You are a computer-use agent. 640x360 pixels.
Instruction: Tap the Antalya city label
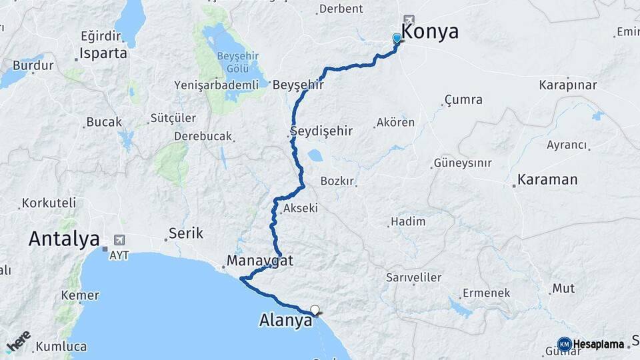64,239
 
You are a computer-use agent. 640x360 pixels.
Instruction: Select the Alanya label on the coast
285,321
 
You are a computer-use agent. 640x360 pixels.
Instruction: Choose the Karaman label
547,180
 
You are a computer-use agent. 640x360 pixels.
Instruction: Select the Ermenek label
487,293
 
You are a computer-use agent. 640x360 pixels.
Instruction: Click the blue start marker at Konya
397,39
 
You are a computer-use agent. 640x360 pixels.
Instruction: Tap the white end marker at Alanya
315,309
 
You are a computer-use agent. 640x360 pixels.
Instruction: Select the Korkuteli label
49,203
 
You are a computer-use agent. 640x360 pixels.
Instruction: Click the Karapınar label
568,85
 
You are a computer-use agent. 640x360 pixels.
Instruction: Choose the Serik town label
186,233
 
